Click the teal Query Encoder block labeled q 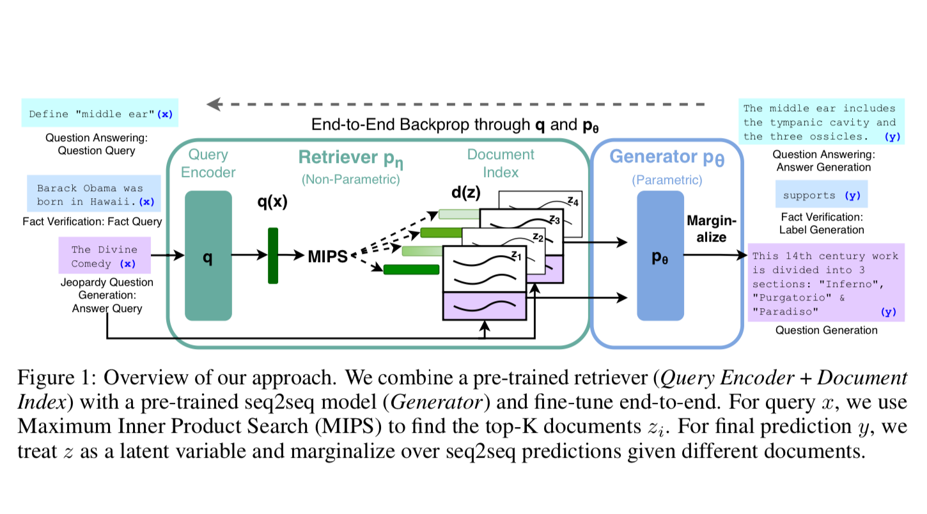coord(208,256)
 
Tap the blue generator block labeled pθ coord(660,256)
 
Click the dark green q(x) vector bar coord(273,256)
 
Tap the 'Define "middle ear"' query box coord(100,114)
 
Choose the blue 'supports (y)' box coord(822,195)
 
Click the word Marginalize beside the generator coord(711,228)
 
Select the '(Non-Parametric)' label coord(350,180)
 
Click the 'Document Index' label coord(501,164)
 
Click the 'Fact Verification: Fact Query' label coord(92,222)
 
